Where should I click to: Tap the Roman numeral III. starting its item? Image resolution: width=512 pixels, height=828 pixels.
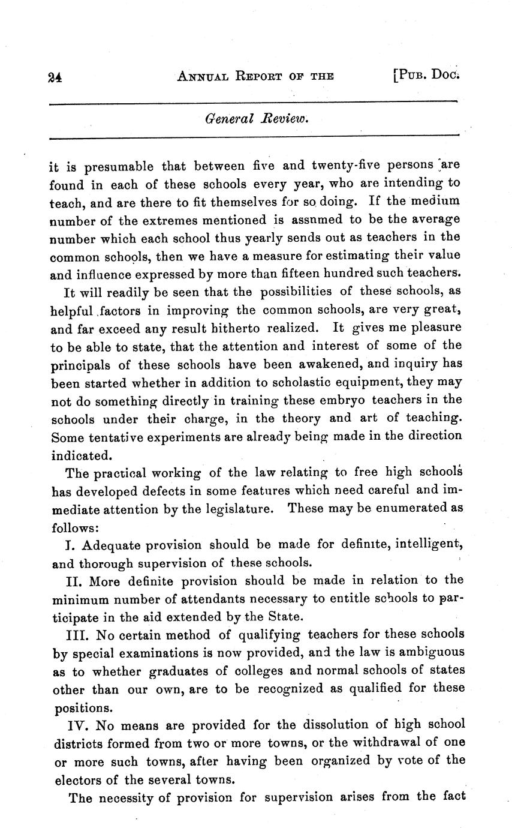coord(78,634)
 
